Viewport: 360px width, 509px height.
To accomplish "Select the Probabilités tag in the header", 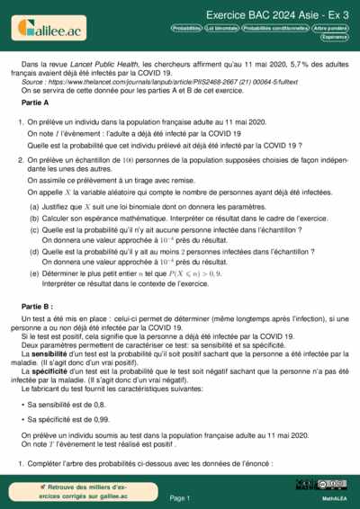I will click(186, 29).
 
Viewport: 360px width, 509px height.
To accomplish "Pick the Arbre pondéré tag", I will click(332, 29).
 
